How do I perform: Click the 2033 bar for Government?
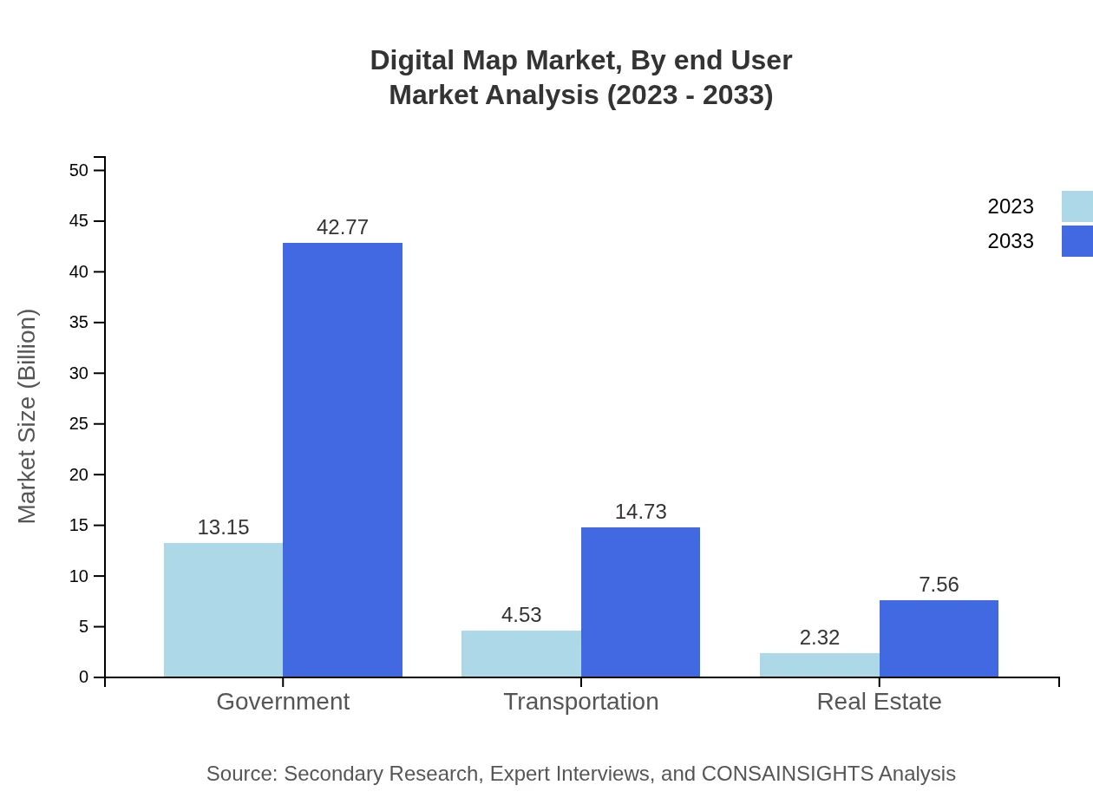[343, 460]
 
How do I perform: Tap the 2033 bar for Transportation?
[640, 602]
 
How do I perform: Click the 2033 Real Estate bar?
[939, 638]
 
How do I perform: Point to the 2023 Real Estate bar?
[819, 665]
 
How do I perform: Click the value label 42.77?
[343, 227]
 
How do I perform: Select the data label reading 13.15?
[223, 527]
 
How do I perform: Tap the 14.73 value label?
[640, 512]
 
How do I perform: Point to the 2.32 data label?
[819, 638]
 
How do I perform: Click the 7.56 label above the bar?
[939, 585]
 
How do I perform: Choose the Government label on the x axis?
[283, 701]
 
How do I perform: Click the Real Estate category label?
[879, 701]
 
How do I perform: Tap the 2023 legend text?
[1011, 206]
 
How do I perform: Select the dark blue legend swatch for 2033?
[1077, 241]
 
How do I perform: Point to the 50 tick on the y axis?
[79, 170]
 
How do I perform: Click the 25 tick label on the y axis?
[79, 424]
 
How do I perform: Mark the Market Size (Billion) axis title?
[27, 416]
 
